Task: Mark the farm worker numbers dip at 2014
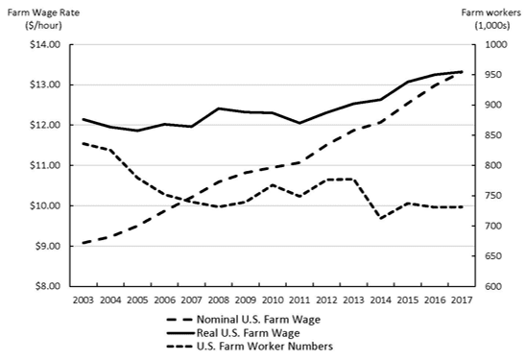[x=382, y=218]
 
